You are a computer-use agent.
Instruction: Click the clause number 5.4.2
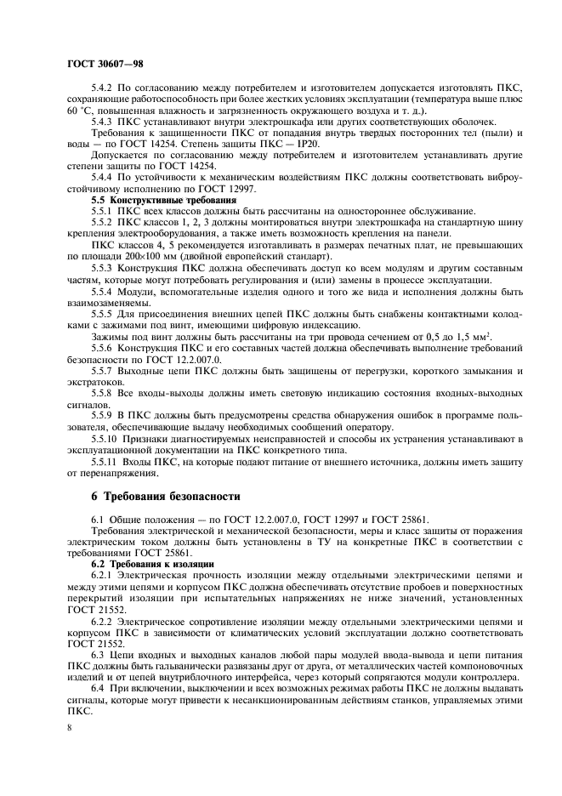[104, 88]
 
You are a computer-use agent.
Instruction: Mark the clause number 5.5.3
[104, 268]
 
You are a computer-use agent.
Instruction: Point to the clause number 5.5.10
[106, 437]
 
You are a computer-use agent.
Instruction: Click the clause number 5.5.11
[106, 460]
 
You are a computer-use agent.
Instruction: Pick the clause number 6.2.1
[104, 576]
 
